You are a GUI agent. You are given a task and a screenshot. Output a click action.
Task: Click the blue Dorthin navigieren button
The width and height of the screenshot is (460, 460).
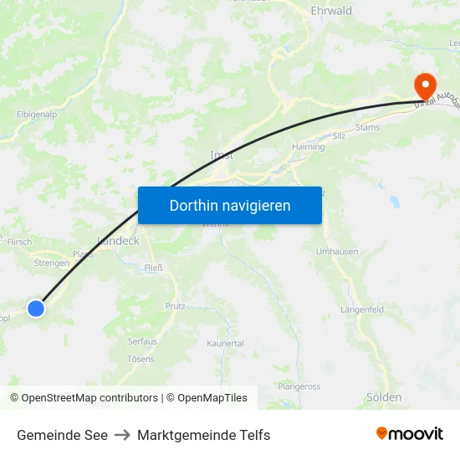pos(230,205)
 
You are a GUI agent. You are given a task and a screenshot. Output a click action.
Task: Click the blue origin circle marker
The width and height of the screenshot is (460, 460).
pos(36,309)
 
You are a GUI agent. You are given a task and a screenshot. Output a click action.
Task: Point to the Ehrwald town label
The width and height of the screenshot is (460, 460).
pos(331,11)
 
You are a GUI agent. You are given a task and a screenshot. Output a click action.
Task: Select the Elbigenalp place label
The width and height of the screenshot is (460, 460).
pos(38,115)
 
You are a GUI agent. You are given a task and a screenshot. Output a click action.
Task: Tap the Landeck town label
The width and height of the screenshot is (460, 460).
pos(118,240)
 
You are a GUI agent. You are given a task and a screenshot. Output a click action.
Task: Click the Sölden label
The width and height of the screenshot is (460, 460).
pos(384,397)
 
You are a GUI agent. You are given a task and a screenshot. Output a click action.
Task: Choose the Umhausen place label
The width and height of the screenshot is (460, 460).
pos(337,252)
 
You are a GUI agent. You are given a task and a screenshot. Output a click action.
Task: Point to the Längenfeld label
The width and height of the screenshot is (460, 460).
pos(362,309)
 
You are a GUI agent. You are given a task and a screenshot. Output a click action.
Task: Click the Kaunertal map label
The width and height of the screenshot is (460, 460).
pos(225,344)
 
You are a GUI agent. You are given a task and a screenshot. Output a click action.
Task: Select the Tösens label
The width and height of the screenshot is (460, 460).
pos(141,359)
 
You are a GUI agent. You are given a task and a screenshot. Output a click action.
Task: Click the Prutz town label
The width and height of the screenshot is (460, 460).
pos(175,307)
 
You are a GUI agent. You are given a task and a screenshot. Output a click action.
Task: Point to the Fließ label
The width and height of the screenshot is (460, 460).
pos(154,268)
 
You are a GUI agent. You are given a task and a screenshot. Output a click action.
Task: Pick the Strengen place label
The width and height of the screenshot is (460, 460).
pos(52,263)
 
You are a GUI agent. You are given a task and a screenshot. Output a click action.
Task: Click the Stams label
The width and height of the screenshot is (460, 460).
pos(367,128)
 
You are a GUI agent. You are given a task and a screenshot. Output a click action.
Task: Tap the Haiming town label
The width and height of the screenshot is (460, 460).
pos(308,146)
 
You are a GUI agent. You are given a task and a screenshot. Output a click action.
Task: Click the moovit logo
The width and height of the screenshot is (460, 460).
pos(410,434)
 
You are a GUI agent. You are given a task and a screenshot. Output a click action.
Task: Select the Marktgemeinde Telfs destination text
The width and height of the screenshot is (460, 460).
pos(203,435)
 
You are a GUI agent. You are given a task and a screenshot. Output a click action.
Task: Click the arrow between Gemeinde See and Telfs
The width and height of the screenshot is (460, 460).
pos(122,435)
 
